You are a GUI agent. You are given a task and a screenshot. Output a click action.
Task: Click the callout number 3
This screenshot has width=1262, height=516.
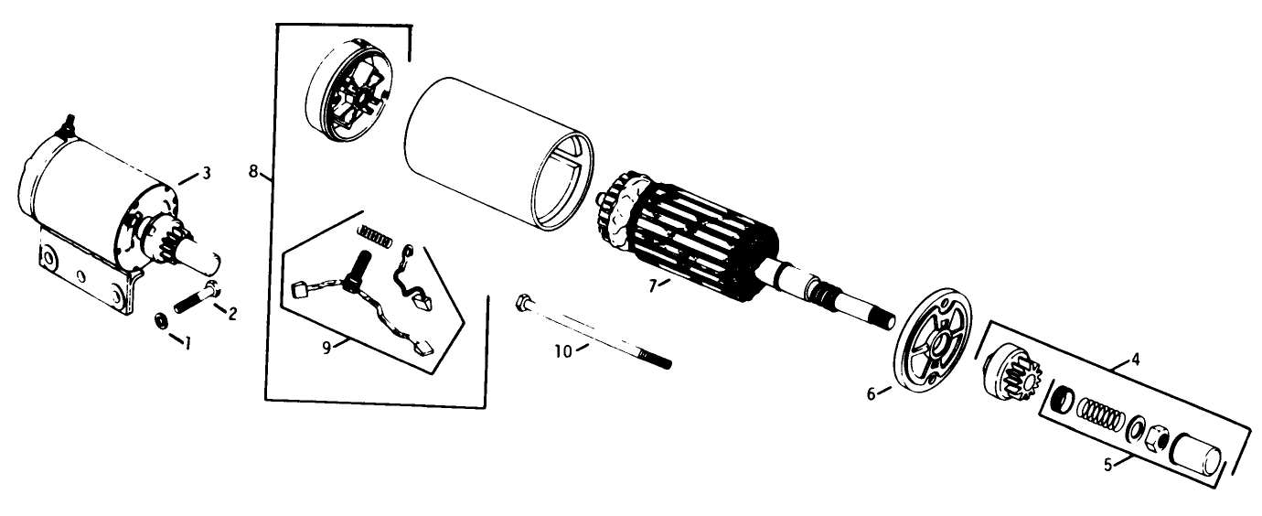[x=206, y=173]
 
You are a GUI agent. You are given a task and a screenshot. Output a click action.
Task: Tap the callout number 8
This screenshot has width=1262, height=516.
[x=253, y=170]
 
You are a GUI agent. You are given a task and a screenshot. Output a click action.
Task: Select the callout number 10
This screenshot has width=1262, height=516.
[x=563, y=351]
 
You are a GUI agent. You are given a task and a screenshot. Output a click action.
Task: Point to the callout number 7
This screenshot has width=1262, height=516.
[x=652, y=286]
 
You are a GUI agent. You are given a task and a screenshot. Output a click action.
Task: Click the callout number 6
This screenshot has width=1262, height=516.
[x=871, y=394]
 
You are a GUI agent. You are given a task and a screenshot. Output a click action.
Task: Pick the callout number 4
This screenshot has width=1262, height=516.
[x=1136, y=359]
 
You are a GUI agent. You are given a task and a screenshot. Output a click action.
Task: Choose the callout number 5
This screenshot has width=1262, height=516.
[x=1108, y=466]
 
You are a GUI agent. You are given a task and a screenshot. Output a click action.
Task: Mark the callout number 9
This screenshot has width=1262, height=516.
[x=326, y=348]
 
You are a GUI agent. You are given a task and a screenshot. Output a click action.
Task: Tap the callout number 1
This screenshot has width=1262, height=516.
[x=187, y=342]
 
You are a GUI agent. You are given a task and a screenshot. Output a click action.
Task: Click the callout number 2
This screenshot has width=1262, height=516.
[x=231, y=314]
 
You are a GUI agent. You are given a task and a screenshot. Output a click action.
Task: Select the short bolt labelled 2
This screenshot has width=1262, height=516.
[x=198, y=297]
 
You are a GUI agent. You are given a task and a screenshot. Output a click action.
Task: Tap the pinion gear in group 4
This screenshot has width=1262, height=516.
[x=1012, y=375]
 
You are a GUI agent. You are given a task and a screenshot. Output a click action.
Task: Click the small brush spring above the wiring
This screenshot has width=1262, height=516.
[x=375, y=235]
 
